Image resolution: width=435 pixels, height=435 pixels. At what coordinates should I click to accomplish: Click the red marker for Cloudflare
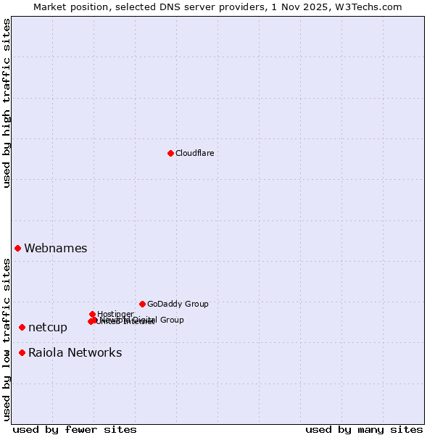tap(170, 153)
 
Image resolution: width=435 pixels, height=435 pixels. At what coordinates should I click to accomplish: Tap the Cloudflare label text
tap(194, 153)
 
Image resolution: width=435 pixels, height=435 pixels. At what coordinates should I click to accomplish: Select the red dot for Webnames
tap(18, 248)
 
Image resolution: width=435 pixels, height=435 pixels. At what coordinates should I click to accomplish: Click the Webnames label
tap(56, 249)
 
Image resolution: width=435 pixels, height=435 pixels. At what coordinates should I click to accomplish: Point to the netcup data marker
tap(22, 327)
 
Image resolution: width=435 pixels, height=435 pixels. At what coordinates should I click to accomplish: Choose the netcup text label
tap(48, 328)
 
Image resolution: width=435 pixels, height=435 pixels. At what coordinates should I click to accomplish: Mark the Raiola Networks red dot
tap(22, 352)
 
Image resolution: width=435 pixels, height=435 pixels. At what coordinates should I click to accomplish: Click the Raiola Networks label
tap(75, 353)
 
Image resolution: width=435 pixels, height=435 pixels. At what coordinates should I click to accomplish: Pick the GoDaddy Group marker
tap(142, 304)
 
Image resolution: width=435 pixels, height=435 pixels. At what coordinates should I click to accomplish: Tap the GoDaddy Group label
tap(178, 304)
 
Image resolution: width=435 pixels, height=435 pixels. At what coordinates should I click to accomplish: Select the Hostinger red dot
tap(93, 314)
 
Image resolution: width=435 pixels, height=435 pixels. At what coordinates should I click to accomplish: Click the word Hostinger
tap(115, 314)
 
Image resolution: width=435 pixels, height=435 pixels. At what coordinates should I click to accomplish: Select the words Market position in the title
tap(70, 7)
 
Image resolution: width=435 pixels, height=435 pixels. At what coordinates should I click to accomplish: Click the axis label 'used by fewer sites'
tap(75, 429)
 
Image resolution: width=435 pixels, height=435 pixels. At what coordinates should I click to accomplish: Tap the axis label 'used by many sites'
tap(364, 429)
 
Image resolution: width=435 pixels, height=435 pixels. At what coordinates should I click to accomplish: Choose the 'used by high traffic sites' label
tap(7, 104)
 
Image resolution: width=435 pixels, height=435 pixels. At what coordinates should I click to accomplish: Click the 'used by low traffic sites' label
tap(7, 339)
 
